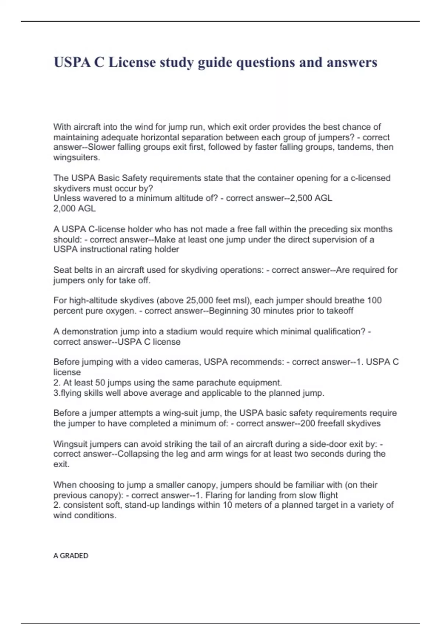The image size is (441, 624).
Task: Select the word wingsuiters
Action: [76, 157]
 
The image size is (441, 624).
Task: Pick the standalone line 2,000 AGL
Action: [74, 208]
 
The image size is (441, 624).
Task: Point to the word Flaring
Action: [219, 495]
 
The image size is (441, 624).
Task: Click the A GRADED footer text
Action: [71, 556]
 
